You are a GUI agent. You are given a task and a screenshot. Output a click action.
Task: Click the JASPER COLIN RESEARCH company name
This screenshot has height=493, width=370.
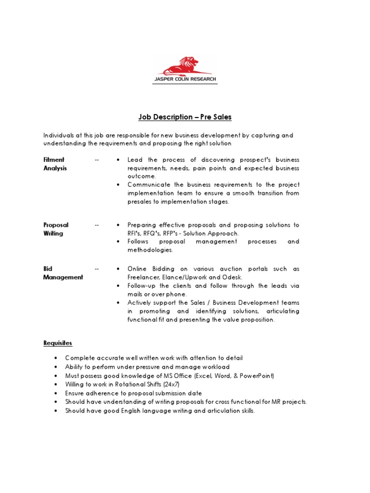(x=185, y=79)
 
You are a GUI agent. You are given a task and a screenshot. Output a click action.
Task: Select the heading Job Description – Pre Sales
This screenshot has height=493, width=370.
(x=185, y=117)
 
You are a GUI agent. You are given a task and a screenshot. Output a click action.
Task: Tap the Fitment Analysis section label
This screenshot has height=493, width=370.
(x=55, y=164)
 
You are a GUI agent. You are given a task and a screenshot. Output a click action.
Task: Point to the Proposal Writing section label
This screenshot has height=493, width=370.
(x=56, y=229)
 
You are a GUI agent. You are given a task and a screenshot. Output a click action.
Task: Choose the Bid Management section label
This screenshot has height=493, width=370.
(x=63, y=273)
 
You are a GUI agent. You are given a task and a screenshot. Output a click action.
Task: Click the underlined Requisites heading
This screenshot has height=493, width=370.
(x=58, y=343)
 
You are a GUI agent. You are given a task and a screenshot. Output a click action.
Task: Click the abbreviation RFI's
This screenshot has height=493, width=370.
(x=136, y=234)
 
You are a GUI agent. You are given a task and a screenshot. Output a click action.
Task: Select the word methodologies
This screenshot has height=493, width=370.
(x=150, y=250)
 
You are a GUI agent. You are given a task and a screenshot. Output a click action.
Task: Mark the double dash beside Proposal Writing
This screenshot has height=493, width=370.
(x=97, y=225)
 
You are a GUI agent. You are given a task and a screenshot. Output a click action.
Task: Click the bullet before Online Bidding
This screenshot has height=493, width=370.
(x=118, y=269)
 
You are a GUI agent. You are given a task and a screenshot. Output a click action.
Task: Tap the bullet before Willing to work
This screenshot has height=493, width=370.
(x=56, y=384)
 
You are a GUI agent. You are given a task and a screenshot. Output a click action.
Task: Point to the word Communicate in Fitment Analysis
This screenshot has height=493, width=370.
(x=148, y=185)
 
